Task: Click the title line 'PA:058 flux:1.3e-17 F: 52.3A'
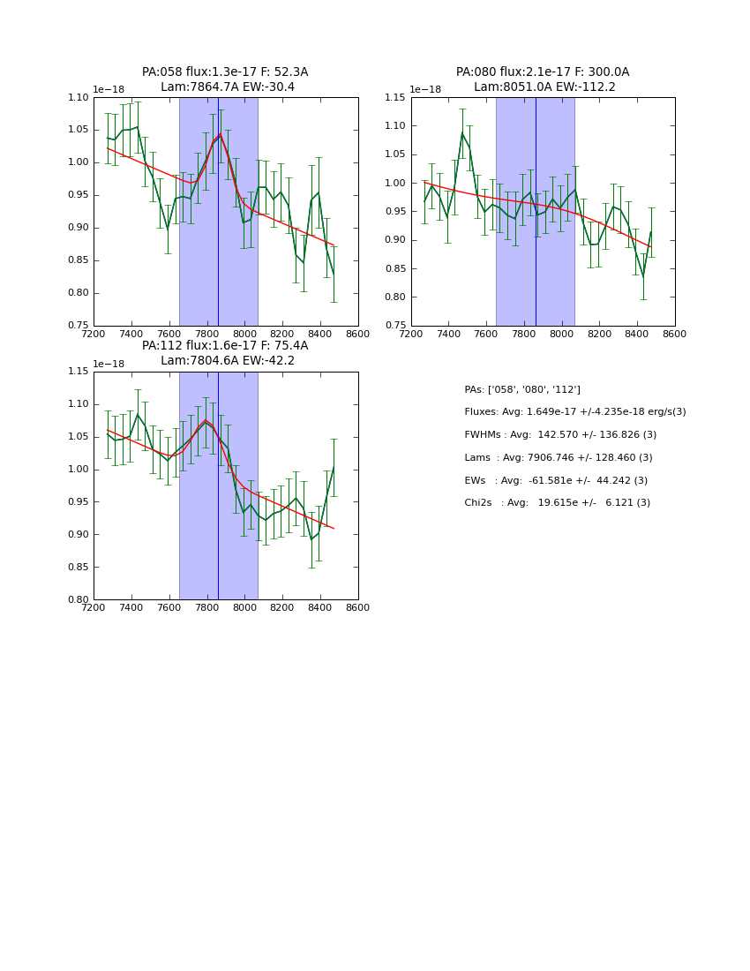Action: coord(225,72)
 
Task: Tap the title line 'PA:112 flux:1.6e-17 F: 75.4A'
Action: coord(225,346)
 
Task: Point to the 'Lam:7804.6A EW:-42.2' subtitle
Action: coord(228,361)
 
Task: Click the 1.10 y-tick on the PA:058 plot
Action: coord(79,97)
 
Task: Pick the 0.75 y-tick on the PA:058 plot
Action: coord(79,326)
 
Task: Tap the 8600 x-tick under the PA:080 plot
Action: coord(675,334)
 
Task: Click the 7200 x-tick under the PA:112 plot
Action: coord(94,607)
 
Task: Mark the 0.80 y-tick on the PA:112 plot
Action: coord(79,600)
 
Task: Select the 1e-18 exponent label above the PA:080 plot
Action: coord(425,89)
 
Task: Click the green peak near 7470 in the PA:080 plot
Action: coord(461,133)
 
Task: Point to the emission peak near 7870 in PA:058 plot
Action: coord(220,135)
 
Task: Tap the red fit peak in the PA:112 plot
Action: coord(206,420)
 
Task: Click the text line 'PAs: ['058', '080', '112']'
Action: coord(522,389)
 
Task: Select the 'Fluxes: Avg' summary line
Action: coord(574,412)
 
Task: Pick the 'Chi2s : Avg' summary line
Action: coord(557,503)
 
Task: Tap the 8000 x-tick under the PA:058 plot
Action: coord(244,334)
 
